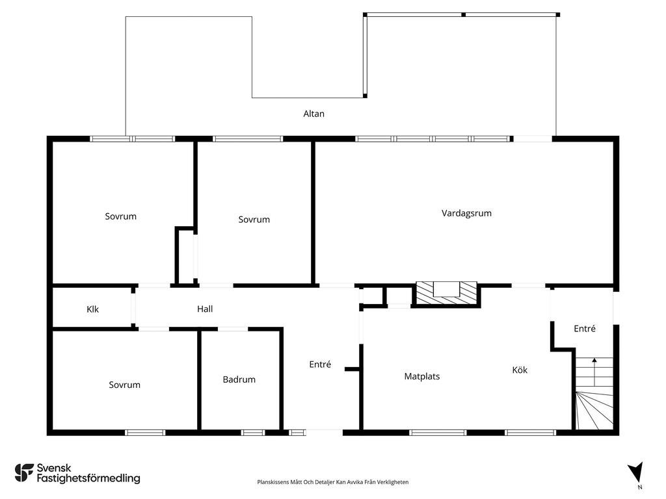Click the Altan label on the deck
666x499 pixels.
click(313, 114)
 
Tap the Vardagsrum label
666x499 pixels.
click(466, 213)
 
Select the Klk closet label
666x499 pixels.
click(92, 309)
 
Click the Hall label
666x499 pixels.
click(205, 309)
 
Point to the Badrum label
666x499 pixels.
click(239, 379)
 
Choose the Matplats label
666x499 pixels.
click(421, 376)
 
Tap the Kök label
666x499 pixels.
click(520, 370)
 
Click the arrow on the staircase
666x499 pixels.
click(594, 361)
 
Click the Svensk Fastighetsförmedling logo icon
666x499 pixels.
click(24, 473)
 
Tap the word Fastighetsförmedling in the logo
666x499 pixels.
click(88, 479)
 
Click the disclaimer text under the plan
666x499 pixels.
click(333, 482)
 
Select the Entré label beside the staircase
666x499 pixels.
click(584, 329)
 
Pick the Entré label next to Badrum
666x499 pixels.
click(320, 365)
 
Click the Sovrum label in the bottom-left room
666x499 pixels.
click(124, 385)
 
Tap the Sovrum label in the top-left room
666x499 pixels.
click(121, 216)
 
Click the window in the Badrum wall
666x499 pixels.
click(253, 432)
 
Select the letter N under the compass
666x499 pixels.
click(640, 487)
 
